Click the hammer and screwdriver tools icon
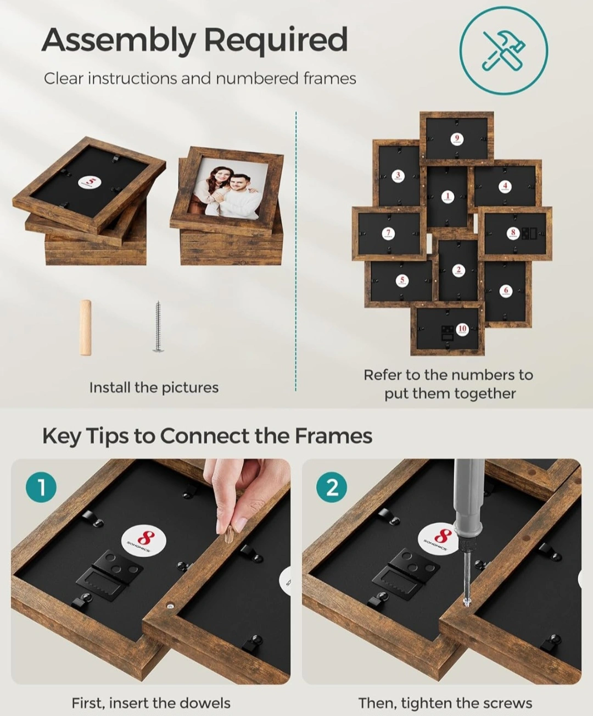pyautogui.click(x=504, y=51)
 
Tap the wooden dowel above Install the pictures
pyautogui.click(x=86, y=328)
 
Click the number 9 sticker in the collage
pyautogui.click(x=456, y=139)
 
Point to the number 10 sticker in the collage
pyautogui.click(x=462, y=330)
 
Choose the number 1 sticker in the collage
pyautogui.click(x=447, y=197)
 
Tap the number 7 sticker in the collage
pyautogui.click(x=388, y=234)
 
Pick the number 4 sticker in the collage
pyautogui.click(x=505, y=187)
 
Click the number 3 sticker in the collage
pyautogui.click(x=398, y=176)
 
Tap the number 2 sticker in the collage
pyautogui.click(x=458, y=270)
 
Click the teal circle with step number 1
pyautogui.click(x=41, y=487)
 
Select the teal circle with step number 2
pyautogui.click(x=331, y=487)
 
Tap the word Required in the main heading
pyautogui.click(x=276, y=40)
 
